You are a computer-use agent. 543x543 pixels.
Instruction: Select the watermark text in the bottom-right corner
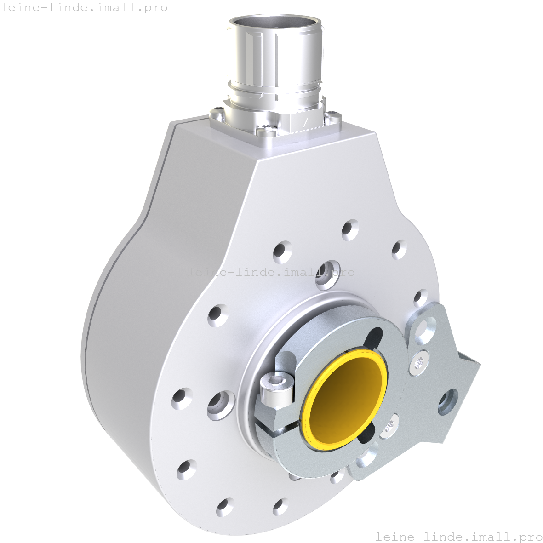(x=458, y=536)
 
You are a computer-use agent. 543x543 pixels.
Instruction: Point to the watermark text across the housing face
(x=271, y=272)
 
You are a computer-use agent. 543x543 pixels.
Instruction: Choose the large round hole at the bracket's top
(x=426, y=329)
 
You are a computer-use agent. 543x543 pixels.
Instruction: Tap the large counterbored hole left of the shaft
(x=221, y=405)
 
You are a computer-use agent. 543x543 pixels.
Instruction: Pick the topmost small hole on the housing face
(x=350, y=229)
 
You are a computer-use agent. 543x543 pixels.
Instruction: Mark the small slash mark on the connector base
(x=305, y=122)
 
